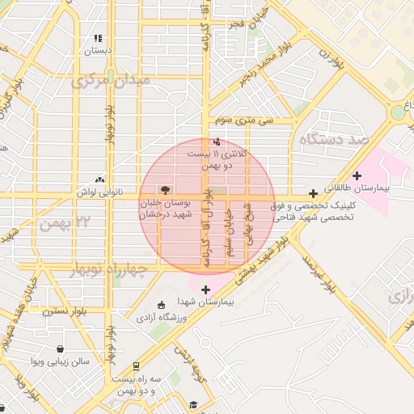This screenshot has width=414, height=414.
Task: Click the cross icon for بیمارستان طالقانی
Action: pyautogui.click(x=357, y=175)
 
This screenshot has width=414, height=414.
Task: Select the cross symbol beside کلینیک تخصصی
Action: pyautogui.click(x=313, y=194)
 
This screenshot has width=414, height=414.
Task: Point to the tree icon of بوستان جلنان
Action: pyautogui.click(x=166, y=189)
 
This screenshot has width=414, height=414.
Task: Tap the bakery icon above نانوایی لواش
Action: pyautogui.click(x=99, y=180)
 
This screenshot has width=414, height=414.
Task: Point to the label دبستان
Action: pyautogui.click(x=97, y=50)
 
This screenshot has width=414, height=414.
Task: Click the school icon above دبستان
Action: pyautogui.click(x=98, y=38)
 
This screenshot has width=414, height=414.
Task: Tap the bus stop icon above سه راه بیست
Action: pyautogui.click(x=137, y=366)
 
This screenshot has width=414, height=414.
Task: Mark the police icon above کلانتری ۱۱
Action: pyautogui.click(x=216, y=142)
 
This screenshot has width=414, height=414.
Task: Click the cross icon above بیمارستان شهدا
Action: pyautogui.click(x=205, y=289)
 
